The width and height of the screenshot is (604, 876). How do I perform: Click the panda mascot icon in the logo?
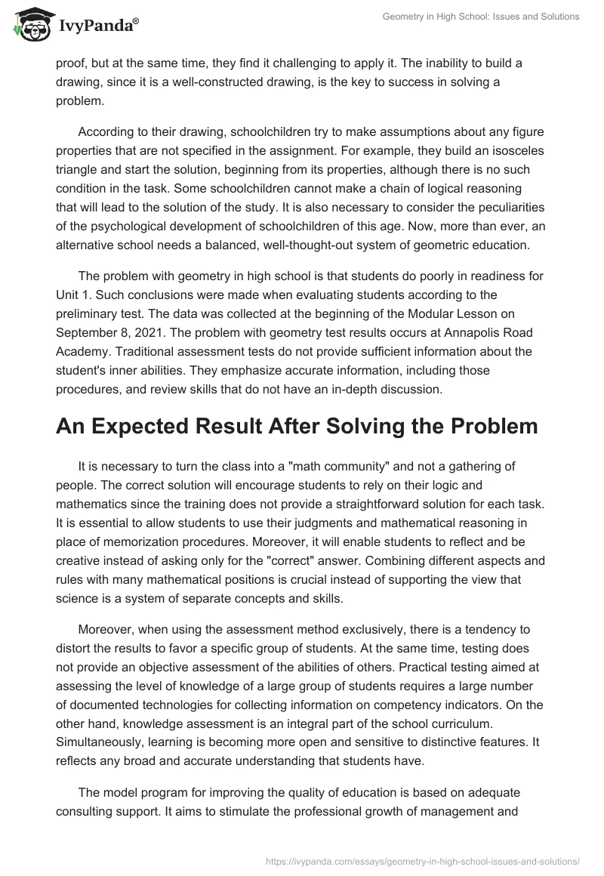tap(29, 26)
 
